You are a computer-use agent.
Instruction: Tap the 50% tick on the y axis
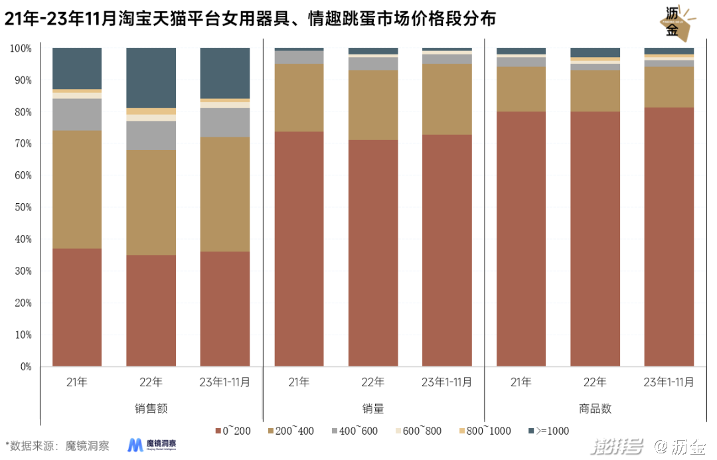pyautogui.click(x=21, y=207)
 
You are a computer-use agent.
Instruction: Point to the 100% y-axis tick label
pyautogui.click(x=20, y=48)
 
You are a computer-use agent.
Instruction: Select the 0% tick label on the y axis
pyautogui.click(x=25, y=366)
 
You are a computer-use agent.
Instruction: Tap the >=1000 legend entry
pyautogui.click(x=549, y=431)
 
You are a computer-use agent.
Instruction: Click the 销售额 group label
pyautogui.click(x=151, y=408)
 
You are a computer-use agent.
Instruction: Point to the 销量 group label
pyautogui.click(x=373, y=408)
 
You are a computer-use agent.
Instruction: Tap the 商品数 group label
pyautogui.click(x=596, y=408)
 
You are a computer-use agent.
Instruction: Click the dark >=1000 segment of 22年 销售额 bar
pyautogui.click(x=151, y=78)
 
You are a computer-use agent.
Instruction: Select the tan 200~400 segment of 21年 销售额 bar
pyautogui.click(x=77, y=189)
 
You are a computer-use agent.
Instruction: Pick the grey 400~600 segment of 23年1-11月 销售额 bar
pyautogui.click(x=225, y=122)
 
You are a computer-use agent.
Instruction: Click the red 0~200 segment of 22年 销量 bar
pyautogui.click(x=373, y=253)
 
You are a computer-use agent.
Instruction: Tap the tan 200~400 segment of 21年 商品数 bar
pyautogui.click(x=521, y=89)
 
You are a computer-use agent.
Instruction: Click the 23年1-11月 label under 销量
pyautogui.click(x=447, y=382)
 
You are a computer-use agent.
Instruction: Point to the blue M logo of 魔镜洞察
pyautogui.click(x=136, y=445)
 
